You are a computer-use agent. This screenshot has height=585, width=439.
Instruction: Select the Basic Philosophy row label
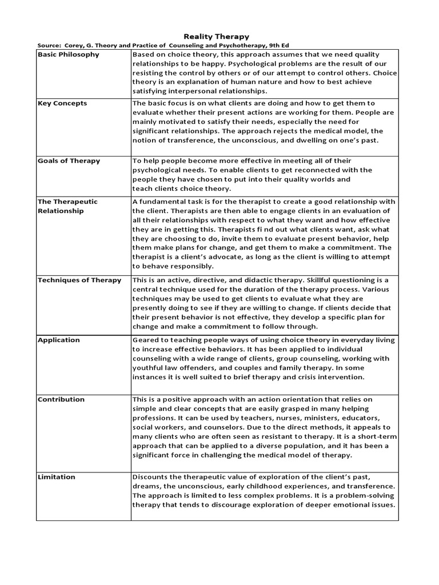click(x=68, y=55)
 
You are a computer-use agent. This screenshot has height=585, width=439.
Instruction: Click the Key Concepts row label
click(x=62, y=103)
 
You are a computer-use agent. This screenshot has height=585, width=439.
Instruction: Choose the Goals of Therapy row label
click(x=69, y=161)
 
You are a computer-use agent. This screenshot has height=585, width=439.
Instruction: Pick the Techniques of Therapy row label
click(x=79, y=281)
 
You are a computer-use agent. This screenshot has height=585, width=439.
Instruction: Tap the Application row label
click(x=59, y=340)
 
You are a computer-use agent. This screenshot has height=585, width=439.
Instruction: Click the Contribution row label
click(x=61, y=400)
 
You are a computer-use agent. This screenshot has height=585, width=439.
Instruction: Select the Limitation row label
click(x=57, y=477)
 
